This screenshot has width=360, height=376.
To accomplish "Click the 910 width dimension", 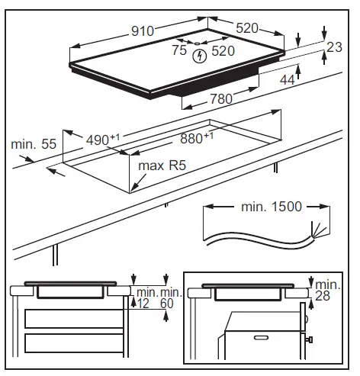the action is [x=143, y=31].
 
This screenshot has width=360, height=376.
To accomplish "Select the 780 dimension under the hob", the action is [x=221, y=99].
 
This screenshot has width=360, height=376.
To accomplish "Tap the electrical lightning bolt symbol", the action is [x=200, y=56].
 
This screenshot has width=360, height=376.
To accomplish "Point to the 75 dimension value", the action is [x=179, y=50].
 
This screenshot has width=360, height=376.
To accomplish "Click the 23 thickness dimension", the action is [x=334, y=47].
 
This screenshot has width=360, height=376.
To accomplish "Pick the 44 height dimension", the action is [x=288, y=80].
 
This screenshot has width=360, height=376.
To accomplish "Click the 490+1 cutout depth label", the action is [x=102, y=140].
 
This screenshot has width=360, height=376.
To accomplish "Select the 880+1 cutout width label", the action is [x=197, y=138].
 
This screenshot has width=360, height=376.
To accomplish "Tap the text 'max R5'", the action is [x=162, y=166].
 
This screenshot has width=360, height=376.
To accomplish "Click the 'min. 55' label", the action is [x=34, y=144].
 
